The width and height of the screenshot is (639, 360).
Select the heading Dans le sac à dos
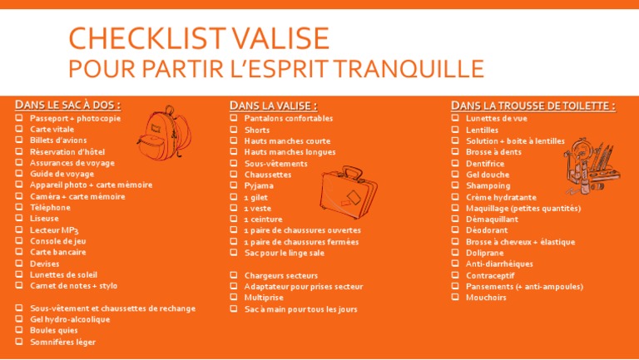pos(68,105)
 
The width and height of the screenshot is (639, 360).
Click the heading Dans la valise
pos(273,106)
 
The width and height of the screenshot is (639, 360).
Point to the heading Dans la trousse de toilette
pos(533,106)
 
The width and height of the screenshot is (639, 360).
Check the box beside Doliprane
pos(456,253)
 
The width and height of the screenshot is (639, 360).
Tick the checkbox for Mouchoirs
pos(456,298)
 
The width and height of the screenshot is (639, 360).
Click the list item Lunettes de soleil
pos(63,274)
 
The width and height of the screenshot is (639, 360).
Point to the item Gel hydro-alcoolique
pos(70,319)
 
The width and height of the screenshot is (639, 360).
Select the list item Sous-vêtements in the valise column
pos(275,164)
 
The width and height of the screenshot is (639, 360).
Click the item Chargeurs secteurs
pos(280,275)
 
